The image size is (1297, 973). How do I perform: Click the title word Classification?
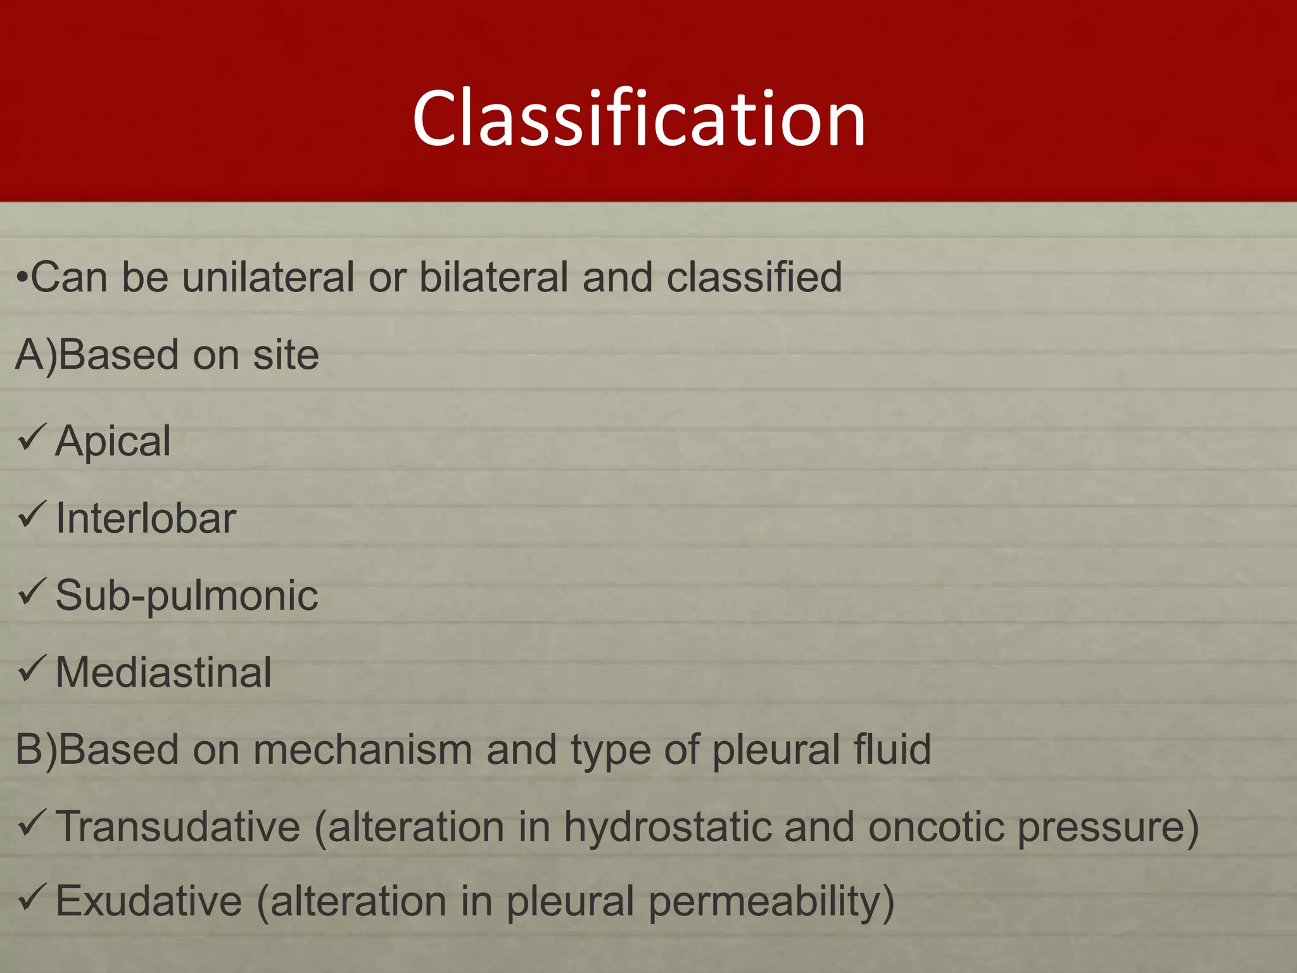[x=638, y=119]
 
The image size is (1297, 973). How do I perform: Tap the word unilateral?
[x=268, y=277]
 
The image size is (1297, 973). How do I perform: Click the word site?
[x=286, y=355]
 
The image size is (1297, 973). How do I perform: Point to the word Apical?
[x=113, y=442]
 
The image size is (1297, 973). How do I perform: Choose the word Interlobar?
[x=146, y=519]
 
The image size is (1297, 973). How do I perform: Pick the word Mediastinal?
[x=163, y=673]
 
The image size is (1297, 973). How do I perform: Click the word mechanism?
[x=363, y=750]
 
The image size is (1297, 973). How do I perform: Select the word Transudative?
[x=178, y=827]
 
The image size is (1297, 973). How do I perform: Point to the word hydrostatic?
[x=666, y=827]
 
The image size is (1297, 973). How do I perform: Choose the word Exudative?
[x=149, y=901]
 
